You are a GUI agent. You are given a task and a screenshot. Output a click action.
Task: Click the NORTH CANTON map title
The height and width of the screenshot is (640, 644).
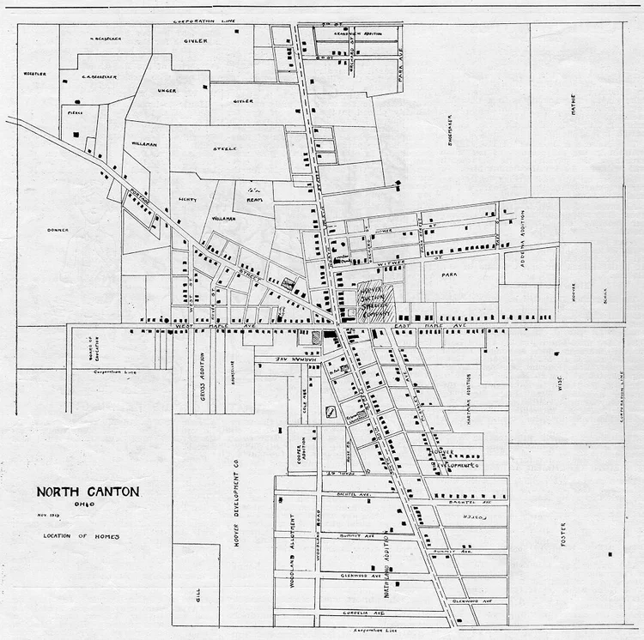(x=87, y=492)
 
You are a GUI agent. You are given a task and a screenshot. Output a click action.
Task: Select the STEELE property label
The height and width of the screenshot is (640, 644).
(x=225, y=148)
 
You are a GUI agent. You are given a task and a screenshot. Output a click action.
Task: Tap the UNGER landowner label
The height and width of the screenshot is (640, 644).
(x=167, y=88)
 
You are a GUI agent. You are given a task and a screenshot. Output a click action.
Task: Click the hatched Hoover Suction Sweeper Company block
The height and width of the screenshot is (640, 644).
(x=374, y=301)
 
